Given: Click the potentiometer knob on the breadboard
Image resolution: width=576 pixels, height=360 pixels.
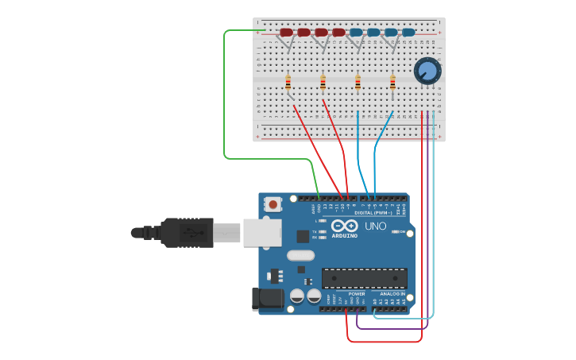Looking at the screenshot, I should [x=427, y=72].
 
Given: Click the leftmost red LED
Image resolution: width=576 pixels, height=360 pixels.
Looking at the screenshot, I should [x=286, y=33].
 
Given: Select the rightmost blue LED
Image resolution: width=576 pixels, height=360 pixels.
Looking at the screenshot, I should [x=408, y=33].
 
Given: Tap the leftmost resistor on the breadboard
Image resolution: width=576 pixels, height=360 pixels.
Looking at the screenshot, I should [x=288, y=82].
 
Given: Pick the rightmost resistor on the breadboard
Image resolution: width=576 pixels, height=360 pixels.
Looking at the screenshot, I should [x=392, y=82].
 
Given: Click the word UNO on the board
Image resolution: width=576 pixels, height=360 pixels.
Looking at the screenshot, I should [x=375, y=226].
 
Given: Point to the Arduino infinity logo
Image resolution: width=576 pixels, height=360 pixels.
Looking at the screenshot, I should [x=345, y=226].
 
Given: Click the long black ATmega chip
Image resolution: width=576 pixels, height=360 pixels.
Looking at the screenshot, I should [x=364, y=278].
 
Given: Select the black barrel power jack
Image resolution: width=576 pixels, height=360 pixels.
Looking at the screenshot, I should [x=267, y=299].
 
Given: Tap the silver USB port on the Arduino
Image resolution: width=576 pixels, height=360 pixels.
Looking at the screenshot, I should [x=261, y=232].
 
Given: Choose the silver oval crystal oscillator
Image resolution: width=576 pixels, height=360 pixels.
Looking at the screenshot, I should [x=300, y=256].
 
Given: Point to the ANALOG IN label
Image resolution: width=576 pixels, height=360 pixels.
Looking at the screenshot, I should [x=392, y=293].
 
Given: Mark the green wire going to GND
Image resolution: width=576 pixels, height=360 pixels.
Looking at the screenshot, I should [x=225, y=95].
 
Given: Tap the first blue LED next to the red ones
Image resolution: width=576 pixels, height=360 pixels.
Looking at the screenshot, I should [x=356, y=33].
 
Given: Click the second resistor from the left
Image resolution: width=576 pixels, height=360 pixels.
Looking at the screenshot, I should [x=323, y=82].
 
